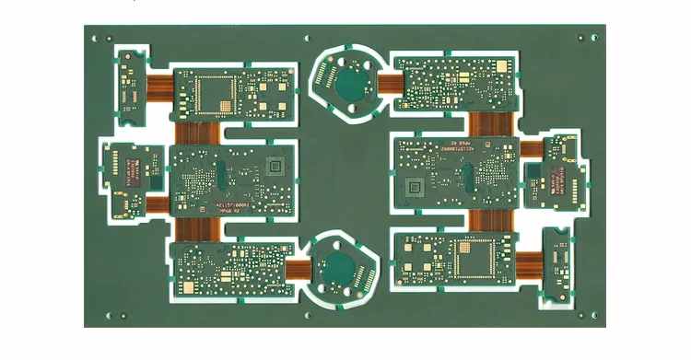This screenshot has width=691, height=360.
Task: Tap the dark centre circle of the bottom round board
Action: pyautogui.click(x=342, y=270)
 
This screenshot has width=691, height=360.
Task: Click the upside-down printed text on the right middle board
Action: pyautogui.click(x=465, y=147)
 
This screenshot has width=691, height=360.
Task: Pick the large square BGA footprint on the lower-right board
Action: pyautogui.click(x=476, y=259)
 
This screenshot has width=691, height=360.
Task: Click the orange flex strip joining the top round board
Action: pyautogui.click(x=388, y=84)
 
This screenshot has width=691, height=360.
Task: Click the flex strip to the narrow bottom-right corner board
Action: pyautogui.click(x=528, y=265)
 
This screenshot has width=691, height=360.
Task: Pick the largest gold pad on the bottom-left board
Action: pyautogui.click(x=192, y=288)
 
